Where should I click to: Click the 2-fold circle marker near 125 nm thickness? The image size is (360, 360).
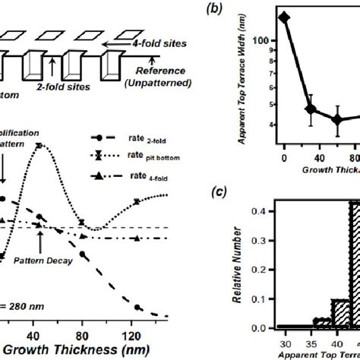(x=137, y=308)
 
